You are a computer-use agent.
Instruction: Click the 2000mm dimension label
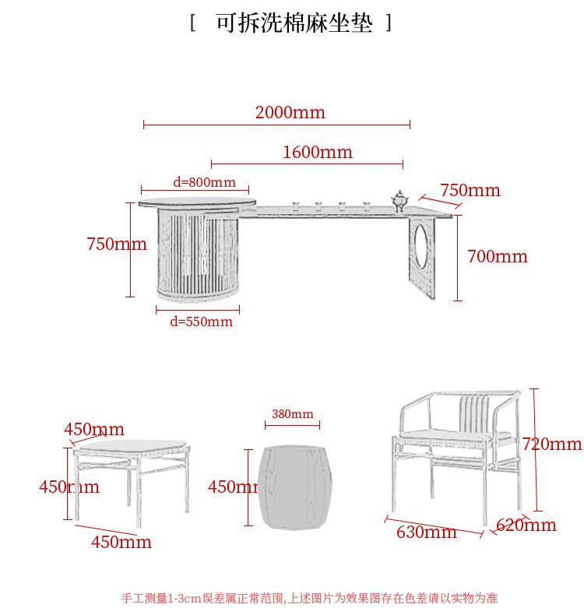pyautogui.click(x=290, y=113)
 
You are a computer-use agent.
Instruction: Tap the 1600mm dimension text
pyautogui.click(x=317, y=153)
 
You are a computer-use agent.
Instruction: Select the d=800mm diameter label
pyautogui.click(x=204, y=183)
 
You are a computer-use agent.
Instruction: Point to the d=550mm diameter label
pyautogui.click(x=201, y=322)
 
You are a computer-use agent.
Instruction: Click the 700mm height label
pyautogui.click(x=497, y=257)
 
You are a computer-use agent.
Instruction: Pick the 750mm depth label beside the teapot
pyautogui.click(x=470, y=191)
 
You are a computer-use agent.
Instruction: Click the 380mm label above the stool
pyautogui.click(x=292, y=414)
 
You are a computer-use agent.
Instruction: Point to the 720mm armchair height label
pyautogui.click(x=551, y=445)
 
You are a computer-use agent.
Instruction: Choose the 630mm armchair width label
pyautogui.click(x=426, y=532)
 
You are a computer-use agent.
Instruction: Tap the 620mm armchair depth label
pyautogui.click(x=526, y=525)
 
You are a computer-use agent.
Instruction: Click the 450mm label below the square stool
pyautogui.click(x=121, y=542)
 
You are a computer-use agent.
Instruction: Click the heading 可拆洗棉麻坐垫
pyautogui.click(x=293, y=23)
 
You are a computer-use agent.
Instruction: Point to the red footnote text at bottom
pyautogui.click(x=308, y=598)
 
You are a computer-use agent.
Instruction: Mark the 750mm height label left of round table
pyautogui.click(x=117, y=244)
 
